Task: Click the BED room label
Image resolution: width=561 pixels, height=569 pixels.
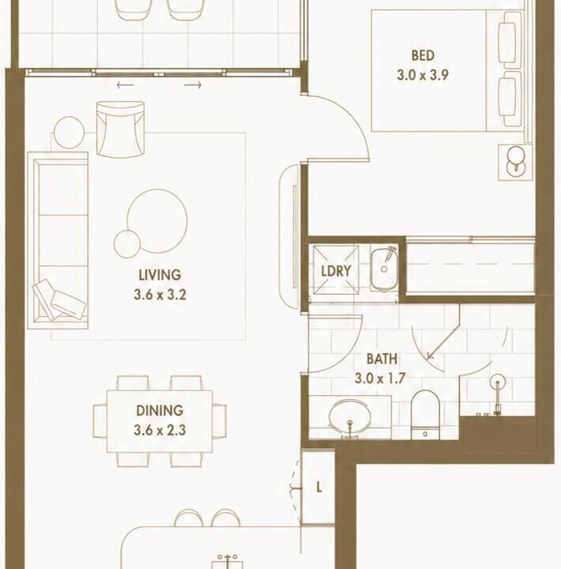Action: [423, 55]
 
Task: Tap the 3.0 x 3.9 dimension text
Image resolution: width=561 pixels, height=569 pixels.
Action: [423, 75]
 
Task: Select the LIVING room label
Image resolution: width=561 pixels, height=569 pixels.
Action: [160, 275]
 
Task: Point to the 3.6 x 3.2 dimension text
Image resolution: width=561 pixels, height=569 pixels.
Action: [160, 294]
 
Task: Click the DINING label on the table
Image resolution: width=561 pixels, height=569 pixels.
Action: [160, 410]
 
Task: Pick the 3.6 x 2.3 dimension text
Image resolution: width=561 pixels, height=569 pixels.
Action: [160, 430]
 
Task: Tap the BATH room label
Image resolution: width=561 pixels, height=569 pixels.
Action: [382, 359]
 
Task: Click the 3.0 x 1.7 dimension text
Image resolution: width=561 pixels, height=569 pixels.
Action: [380, 379]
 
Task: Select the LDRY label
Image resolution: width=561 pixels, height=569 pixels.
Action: [336, 271]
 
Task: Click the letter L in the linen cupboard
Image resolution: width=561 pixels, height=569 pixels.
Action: [319, 487]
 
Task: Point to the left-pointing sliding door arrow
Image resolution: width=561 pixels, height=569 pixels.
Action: [126, 85]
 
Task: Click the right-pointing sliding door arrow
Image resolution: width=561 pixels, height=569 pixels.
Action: [193, 85]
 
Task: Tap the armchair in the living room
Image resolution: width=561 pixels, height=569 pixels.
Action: [121, 130]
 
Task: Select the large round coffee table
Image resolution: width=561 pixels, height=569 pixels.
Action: [157, 221]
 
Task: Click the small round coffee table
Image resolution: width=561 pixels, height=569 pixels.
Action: [126, 244]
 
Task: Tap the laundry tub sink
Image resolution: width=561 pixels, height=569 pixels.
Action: [384, 269]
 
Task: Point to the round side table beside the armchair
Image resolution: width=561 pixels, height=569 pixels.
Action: [69, 132]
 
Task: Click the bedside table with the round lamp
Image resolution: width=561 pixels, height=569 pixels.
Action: [515, 162]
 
